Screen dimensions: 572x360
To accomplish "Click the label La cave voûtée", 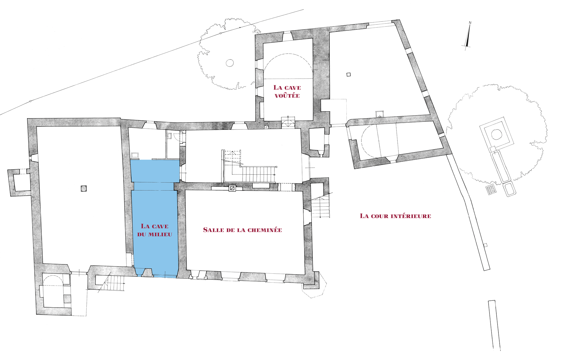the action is point(287,91).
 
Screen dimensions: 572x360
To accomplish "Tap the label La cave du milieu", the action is point(155,230).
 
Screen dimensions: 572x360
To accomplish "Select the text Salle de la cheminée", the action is point(243,230).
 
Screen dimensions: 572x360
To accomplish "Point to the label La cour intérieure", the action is point(395,216).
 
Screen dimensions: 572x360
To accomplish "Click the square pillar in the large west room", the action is point(84,188).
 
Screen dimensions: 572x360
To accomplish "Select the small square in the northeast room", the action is point(349,74).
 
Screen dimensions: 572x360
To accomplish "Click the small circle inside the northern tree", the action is point(230,63).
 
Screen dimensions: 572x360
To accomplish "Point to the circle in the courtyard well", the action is point(497,134).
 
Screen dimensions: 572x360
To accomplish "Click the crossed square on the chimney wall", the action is point(232,188).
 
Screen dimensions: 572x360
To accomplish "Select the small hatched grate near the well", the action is point(491,189).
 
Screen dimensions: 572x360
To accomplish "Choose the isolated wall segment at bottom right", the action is point(494,325).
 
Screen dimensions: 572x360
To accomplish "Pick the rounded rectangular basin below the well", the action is point(509,189).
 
